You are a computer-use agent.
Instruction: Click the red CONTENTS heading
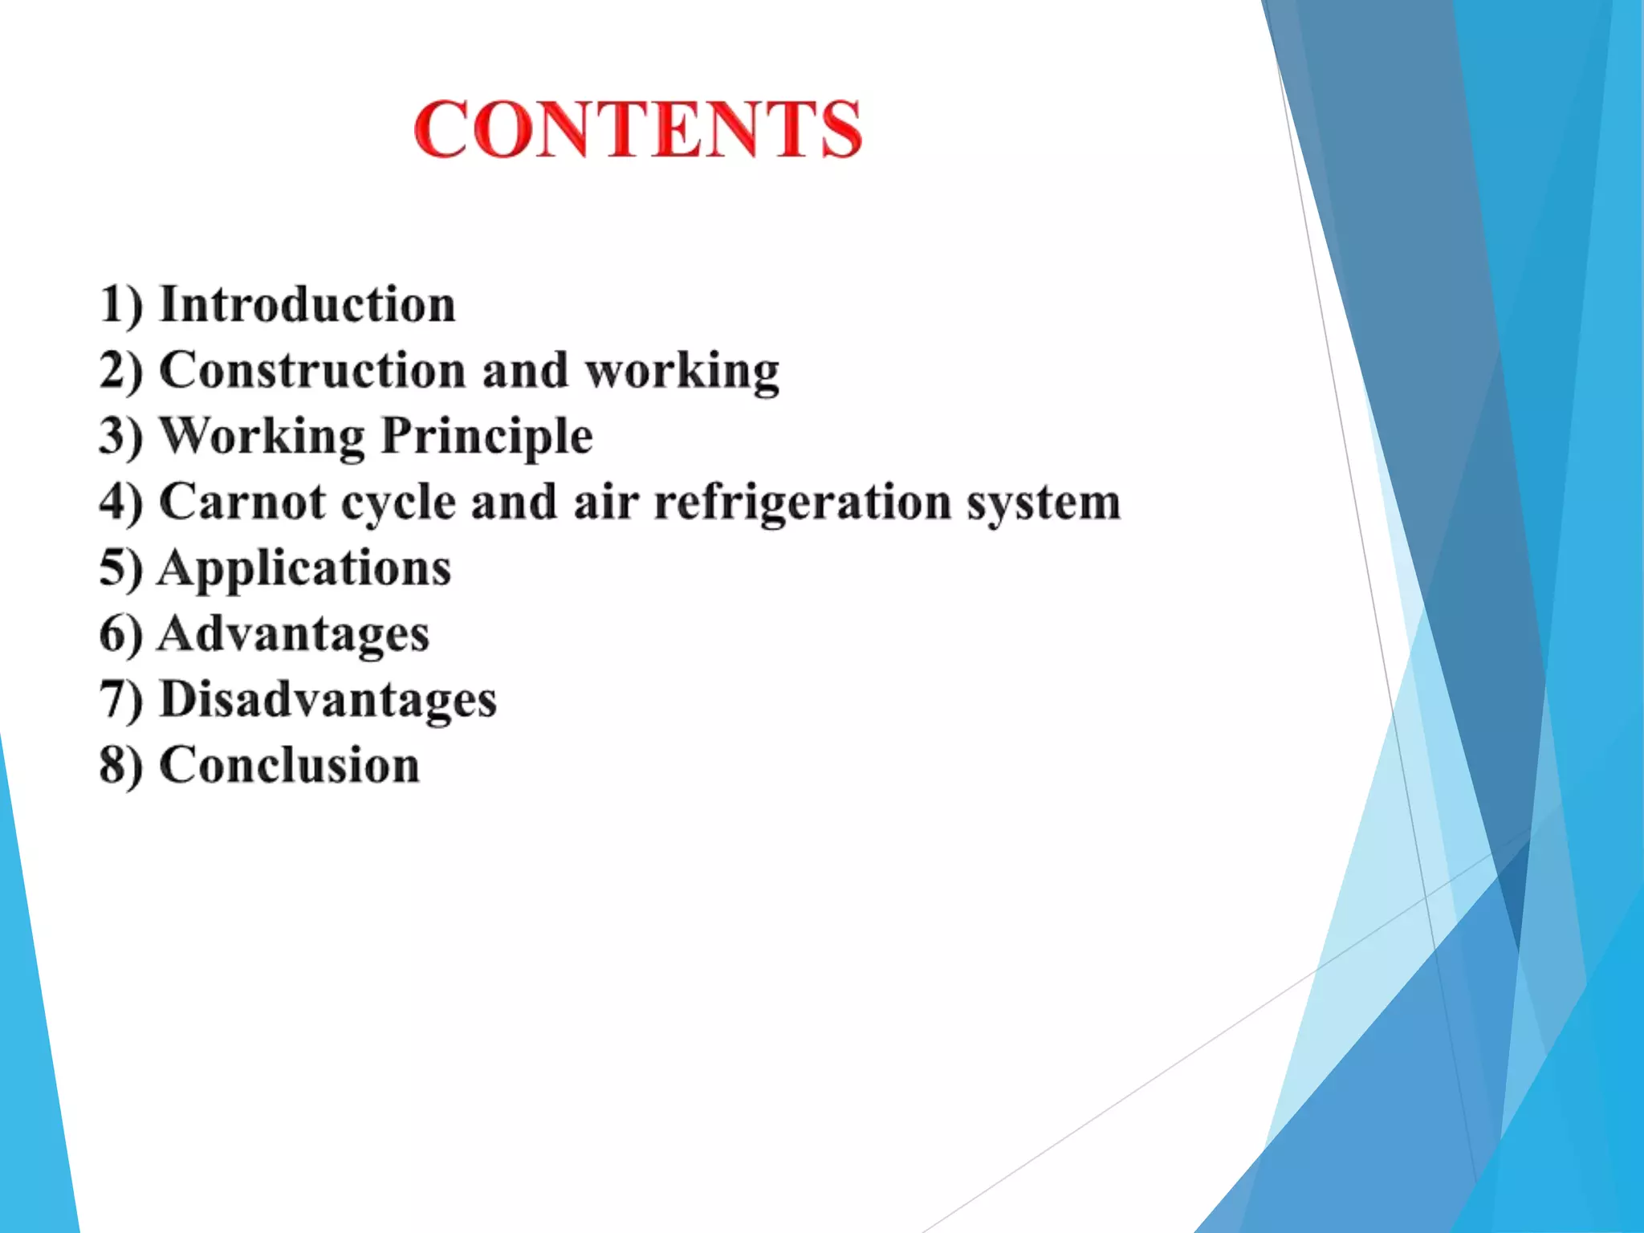pyautogui.click(x=638, y=129)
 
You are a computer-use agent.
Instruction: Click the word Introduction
pyautogui.click(x=307, y=305)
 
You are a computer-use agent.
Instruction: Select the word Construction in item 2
pyautogui.click(x=312, y=371)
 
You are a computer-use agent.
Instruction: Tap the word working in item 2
pyautogui.click(x=682, y=372)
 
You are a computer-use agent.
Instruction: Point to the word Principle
pyautogui.click(x=486, y=437)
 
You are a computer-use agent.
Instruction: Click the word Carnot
pyautogui.click(x=243, y=503)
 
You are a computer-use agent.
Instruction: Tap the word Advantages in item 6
pyautogui.click(x=294, y=635)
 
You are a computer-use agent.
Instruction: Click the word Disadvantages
pyautogui.click(x=328, y=701)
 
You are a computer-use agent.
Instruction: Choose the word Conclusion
pyautogui.click(x=290, y=765)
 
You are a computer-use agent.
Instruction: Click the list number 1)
pyautogui.click(x=121, y=305)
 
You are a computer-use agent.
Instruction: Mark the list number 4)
pyautogui.click(x=121, y=503)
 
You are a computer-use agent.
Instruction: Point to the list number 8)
pyautogui.click(x=121, y=765)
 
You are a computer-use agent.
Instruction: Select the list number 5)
pyautogui.click(x=121, y=568)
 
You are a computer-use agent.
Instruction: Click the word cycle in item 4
pyautogui.click(x=399, y=504)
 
